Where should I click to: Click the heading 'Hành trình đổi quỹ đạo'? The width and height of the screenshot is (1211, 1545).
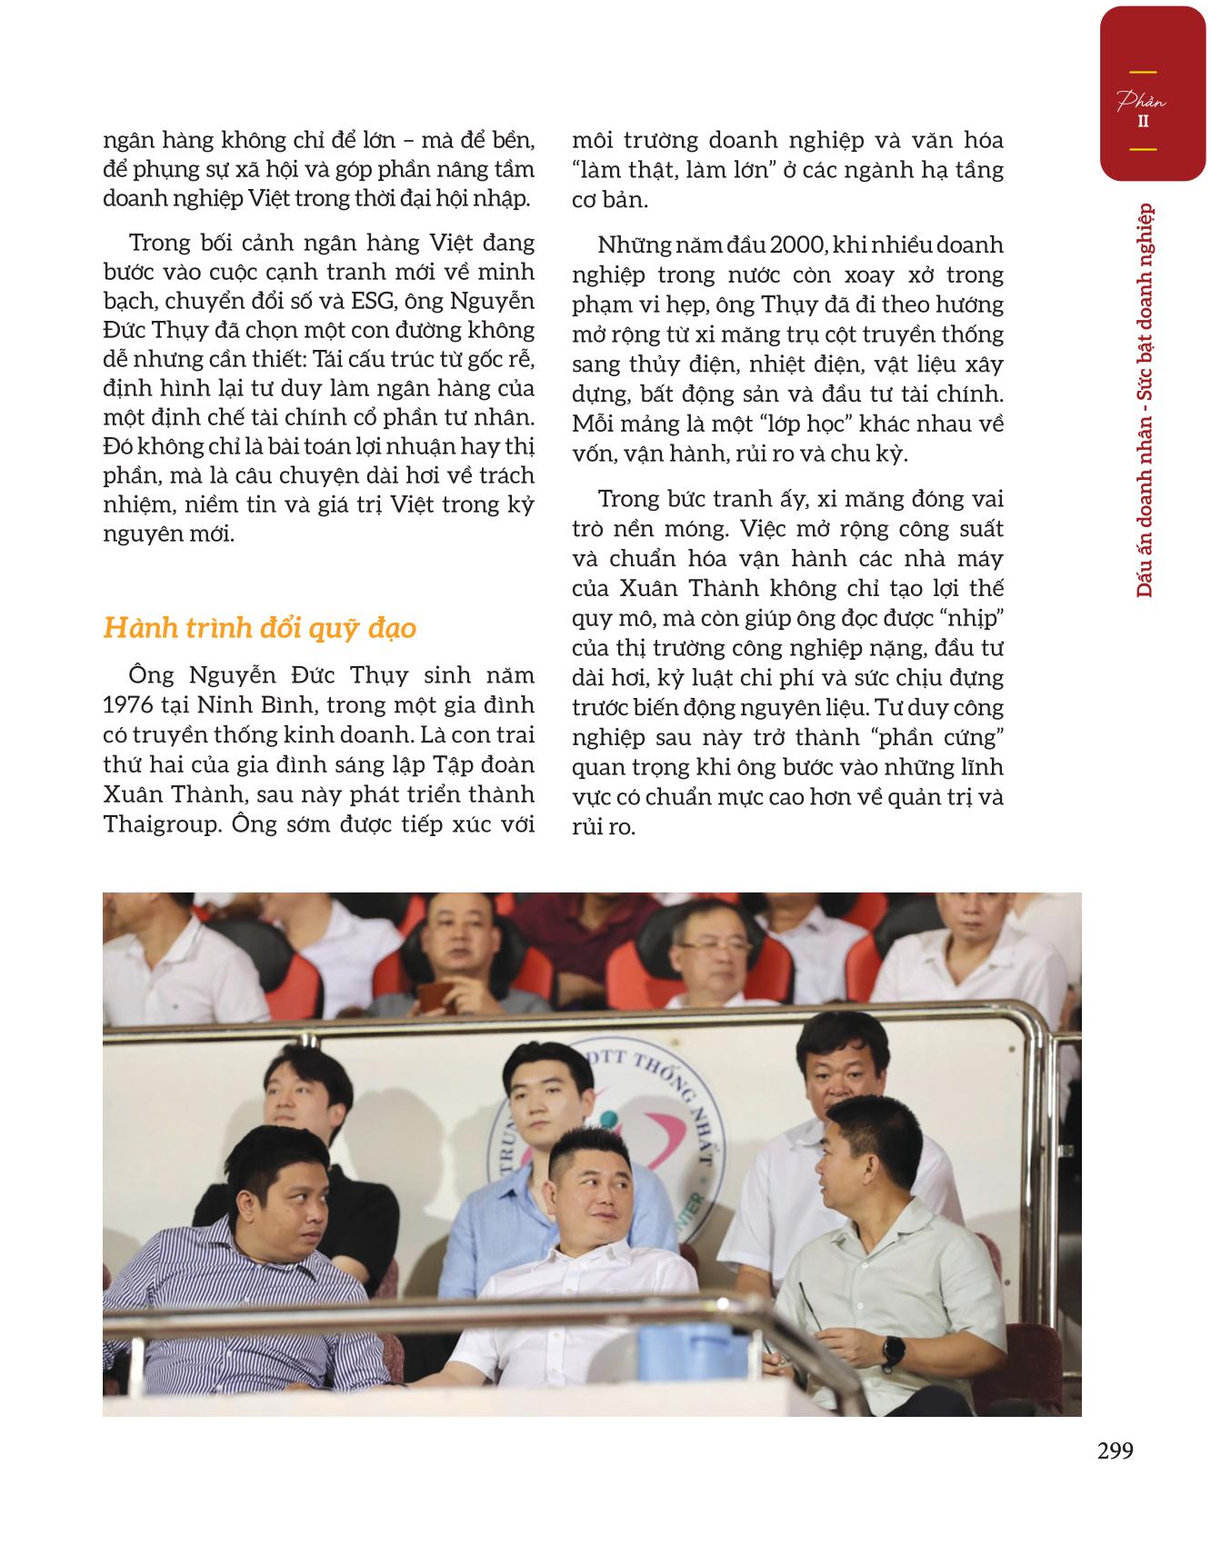point(260,628)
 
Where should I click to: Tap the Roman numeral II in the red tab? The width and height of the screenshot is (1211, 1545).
point(1143,120)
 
